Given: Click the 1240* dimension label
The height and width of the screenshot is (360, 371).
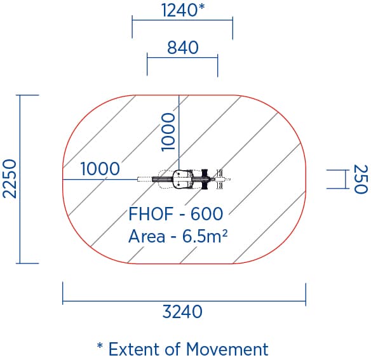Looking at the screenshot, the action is (x=183, y=10).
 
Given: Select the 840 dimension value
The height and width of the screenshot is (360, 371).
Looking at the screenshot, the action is (x=183, y=48).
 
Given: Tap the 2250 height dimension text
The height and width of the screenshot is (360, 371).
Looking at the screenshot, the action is (x=10, y=179).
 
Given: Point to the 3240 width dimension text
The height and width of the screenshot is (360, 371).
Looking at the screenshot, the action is (x=182, y=312).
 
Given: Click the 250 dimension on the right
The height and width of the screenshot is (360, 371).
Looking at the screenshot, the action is (x=361, y=179).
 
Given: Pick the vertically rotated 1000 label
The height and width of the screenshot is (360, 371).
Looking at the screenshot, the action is (x=168, y=132).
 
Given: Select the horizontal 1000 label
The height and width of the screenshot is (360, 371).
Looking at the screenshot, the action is (x=100, y=169).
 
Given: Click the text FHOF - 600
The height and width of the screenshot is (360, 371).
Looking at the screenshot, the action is (x=175, y=213).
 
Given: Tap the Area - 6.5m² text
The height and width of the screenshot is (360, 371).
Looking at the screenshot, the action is (x=178, y=236).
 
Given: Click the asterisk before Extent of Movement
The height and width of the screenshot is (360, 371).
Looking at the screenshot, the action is (x=100, y=346).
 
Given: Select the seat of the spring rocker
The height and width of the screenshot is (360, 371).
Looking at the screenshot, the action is (x=180, y=179).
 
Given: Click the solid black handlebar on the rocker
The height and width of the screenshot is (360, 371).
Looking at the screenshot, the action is (x=205, y=179).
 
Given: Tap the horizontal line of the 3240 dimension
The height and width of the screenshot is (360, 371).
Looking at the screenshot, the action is (x=184, y=301).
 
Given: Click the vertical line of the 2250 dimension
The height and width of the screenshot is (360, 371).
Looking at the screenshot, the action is (x=20, y=179).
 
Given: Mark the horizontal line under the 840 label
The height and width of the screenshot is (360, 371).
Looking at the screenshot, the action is (x=182, y=57).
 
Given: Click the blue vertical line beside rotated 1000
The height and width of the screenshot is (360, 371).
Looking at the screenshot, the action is (x=179, y=133).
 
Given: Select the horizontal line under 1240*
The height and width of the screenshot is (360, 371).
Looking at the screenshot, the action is (x=182, y=20).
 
